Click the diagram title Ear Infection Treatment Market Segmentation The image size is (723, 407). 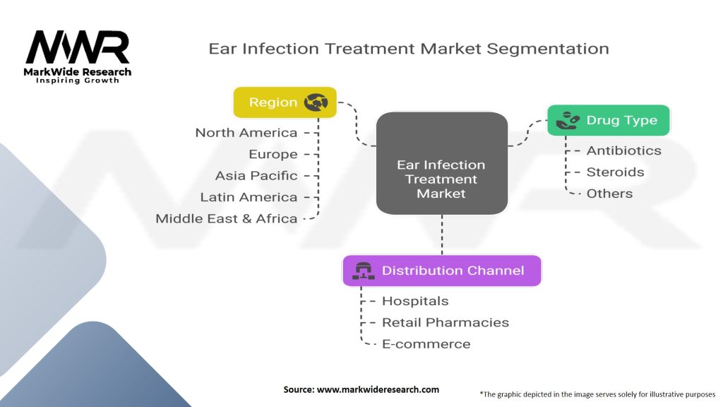408,49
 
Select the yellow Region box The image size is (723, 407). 285,102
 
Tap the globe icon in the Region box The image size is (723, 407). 316,102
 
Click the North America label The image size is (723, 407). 246,133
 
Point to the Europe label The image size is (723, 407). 273,154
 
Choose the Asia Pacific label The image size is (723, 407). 256,175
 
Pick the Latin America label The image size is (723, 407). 249,197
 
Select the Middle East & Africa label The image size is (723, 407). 227,218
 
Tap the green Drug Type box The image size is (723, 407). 608,121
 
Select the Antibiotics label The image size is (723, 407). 623,151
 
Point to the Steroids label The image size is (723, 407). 615,172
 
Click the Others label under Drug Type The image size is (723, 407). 609,194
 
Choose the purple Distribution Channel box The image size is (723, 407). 442,271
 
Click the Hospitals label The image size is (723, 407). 414,301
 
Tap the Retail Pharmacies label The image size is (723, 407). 445,322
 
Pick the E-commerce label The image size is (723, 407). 426,344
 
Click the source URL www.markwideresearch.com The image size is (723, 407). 379,389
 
